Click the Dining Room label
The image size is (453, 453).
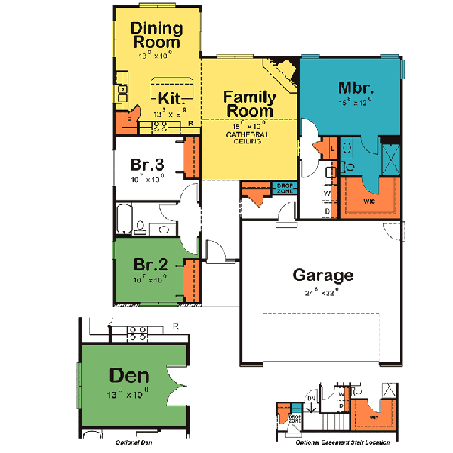coord(157,35)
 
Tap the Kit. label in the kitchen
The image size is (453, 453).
coord(173,98)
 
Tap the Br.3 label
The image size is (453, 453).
coord(148,166)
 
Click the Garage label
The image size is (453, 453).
coord(322,275)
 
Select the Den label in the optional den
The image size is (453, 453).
coord(128,375)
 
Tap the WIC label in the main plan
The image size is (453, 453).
coord(369,202)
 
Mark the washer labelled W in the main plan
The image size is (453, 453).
coord(326,193)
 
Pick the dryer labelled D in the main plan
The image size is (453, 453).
coord(326,211)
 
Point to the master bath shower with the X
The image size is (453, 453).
coord(391,159)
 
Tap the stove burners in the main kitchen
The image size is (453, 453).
coord(159,125)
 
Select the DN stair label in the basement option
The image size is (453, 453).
coord(310,399)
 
